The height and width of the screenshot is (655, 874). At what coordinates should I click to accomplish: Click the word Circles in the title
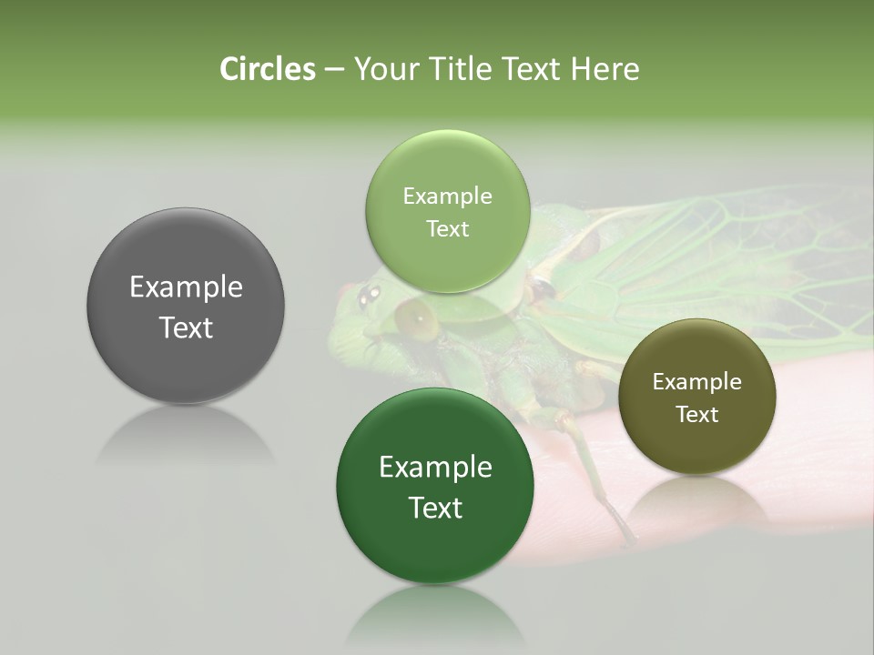point(267,69)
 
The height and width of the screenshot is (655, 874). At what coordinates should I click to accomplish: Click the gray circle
point(186,306)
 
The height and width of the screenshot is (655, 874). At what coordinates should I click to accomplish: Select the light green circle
point(447,212)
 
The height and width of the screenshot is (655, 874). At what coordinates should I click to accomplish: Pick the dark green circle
point(435,486)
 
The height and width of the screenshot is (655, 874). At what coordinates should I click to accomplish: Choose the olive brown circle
point(697,397)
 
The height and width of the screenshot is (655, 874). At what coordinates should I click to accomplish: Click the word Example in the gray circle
point(186,287)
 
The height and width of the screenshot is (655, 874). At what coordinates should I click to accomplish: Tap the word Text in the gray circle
point(186,327)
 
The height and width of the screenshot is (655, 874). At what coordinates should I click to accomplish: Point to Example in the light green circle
point(447,196)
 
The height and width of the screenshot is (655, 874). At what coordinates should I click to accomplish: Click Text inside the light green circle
point(447,229)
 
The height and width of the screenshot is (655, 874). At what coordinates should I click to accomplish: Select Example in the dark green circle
point(435,468)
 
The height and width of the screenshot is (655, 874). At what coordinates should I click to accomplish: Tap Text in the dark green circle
point(435,508)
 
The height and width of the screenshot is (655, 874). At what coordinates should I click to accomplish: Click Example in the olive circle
point(697,382)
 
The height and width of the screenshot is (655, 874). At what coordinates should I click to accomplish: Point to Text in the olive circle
point(697,415)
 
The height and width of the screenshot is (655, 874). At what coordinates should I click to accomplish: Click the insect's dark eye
point(369,294)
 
